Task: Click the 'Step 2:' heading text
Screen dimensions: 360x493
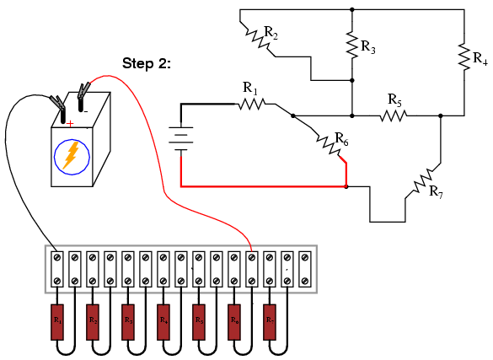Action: (x=147, y=63)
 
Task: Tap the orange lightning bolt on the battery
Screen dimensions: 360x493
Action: (x=72, y=154)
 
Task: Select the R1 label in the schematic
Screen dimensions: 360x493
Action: (x=250, y=87)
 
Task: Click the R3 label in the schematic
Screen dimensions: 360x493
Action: (x=368, y=47)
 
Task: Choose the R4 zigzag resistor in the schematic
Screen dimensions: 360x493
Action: (x=464, y=56)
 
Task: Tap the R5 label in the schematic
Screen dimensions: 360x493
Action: (x=394, y=99)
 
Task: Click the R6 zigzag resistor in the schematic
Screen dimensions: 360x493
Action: (x=329, y=144)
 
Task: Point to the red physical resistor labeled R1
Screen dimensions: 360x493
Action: (x=57, y=321)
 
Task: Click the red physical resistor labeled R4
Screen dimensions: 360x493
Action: (x=163, y=321)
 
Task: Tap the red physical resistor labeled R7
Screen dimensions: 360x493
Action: (x=270, y=321)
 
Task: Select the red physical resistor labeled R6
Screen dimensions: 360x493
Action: (x=234, y=321)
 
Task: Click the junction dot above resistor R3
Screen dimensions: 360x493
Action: (x=351, y=10)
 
